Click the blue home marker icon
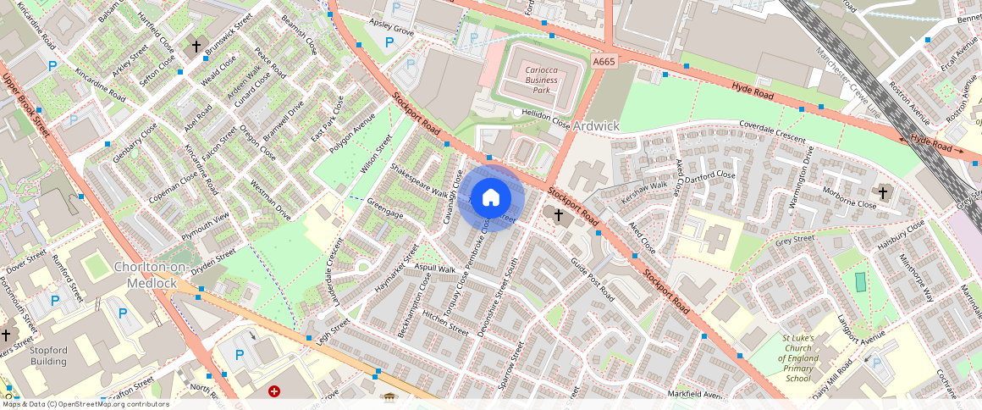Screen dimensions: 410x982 [x=491, y=198]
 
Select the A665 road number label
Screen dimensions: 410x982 [x=604, y=62]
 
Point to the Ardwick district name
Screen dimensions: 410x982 [x=596, y=126]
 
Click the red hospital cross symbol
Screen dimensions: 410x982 [x=274, y=391]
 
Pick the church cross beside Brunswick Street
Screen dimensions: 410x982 [x=196, y=47]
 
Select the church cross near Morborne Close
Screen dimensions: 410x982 [x=882, y=193]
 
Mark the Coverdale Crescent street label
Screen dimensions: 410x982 [x=772, y=130]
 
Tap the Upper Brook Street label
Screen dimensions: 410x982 [x=25, y=106]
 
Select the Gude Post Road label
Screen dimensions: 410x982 [x=592, y=280]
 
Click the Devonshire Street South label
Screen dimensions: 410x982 [x=497, y=298]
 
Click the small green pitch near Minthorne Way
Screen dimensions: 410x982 [x=861, y=282]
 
